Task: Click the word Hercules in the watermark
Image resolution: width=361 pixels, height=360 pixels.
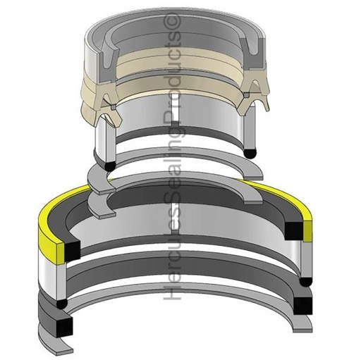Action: (171, 263)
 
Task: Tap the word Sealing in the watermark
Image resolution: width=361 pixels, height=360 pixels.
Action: (171, 184)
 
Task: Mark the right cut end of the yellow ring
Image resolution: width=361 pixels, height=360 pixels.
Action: (307, 227)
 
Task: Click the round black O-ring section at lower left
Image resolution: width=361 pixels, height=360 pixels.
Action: (62, 302)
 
